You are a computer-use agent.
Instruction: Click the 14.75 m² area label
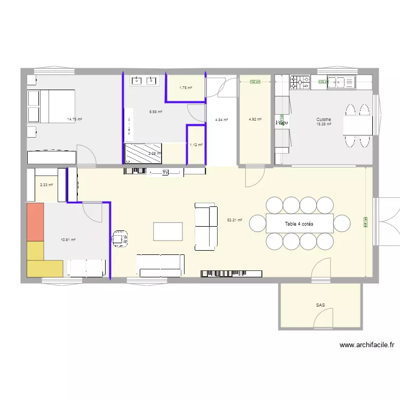point(74,119)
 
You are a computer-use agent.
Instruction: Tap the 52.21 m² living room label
point(235,220)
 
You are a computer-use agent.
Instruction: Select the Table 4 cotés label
point(299,224)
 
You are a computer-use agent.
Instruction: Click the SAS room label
point(320,306)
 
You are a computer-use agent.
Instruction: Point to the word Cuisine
point(324,119)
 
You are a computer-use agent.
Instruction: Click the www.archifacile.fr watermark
point(367,345)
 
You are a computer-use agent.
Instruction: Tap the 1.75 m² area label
point(185,88)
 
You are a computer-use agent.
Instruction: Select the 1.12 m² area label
point(196,145)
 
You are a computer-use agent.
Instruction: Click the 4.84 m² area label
point(221,120)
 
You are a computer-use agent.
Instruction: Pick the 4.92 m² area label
point(255,119)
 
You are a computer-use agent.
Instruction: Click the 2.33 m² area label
point(46,185)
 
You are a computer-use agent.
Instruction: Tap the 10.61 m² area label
point(68,240)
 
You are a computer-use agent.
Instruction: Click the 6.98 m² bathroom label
point(156,111)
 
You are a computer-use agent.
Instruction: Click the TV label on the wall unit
point(165,172)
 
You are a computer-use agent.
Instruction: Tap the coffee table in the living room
point(167,231)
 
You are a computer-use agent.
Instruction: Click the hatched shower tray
point(142,153)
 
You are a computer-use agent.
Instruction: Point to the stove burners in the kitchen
point(300,82)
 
